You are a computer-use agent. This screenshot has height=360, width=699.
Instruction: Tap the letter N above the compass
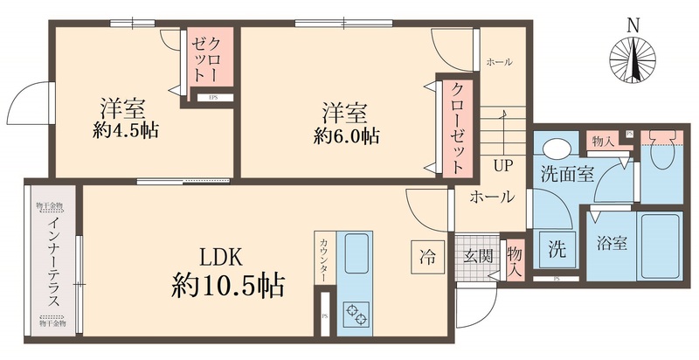point(635,25)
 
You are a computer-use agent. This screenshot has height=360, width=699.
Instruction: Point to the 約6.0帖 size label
point(347,136)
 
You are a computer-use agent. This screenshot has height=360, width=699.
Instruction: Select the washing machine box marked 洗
point(556,248)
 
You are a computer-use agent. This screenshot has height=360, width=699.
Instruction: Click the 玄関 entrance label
point(478,256)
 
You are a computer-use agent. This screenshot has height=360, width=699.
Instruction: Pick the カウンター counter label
point(324,261)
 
